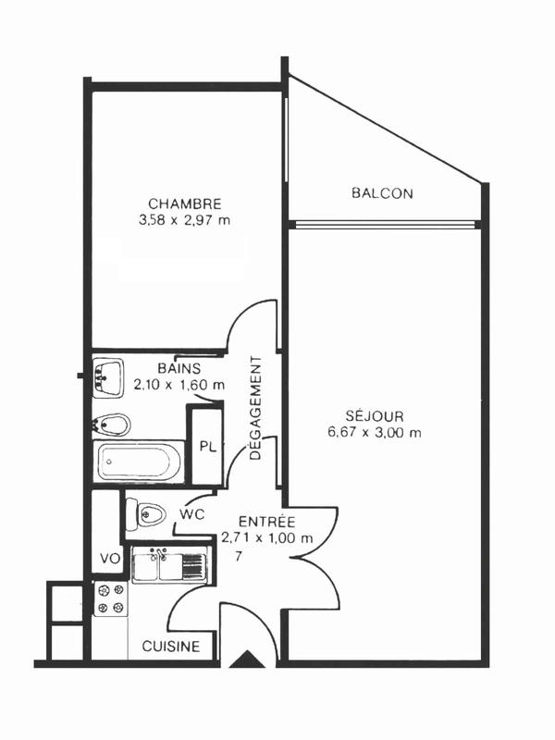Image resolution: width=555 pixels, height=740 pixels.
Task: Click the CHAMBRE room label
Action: [x=184, y=203]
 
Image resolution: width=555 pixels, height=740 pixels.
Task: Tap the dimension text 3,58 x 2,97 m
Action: [x=184, y=220]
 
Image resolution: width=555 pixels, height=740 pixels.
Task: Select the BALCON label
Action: [x=381, y=193]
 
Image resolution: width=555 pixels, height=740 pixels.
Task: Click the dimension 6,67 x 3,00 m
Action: [x=374, y=433]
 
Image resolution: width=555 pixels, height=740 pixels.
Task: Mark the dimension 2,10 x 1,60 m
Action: [x=179, y=384]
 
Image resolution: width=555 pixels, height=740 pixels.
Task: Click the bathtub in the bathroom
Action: [x=140, y=461]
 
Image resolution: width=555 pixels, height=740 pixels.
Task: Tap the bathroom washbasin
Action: [x=108, y=377]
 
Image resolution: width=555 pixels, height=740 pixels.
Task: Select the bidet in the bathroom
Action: [x=111, y=425]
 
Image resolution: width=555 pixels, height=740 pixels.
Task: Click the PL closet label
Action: [x=208, y=447]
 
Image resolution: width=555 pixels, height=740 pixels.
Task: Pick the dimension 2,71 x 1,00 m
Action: [x=266, y=538]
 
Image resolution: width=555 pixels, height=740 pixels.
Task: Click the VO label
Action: [x=108, y=559]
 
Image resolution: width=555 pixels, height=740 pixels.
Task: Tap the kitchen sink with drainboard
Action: [x=166, y=564]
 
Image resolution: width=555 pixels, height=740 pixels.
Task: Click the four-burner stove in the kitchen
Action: [x=110, y=598]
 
